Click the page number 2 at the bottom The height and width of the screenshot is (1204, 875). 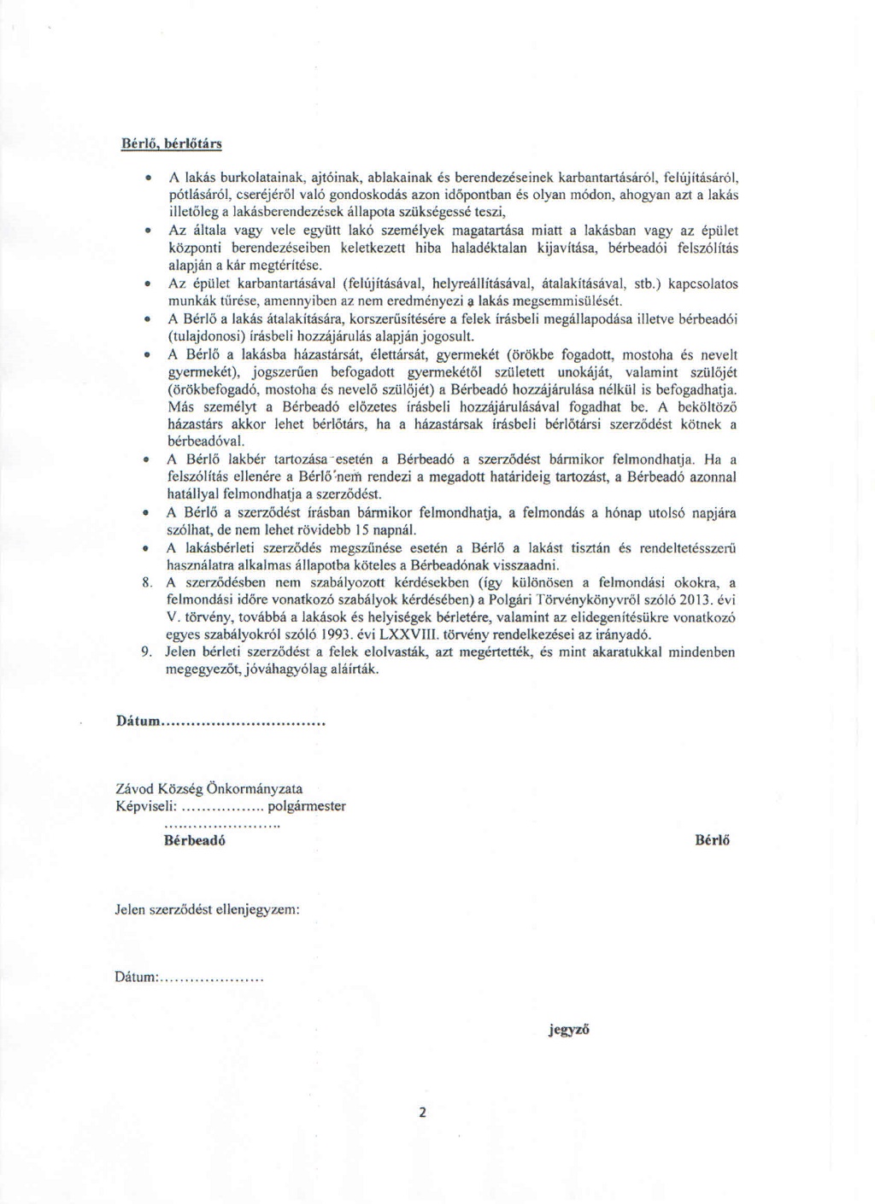pyautogui.click(x=422, y=1113)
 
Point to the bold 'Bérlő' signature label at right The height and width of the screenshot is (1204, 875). pyautogui.click(x=713, y=840)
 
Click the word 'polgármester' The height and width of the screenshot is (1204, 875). pyautogui.click(x=307, y=806)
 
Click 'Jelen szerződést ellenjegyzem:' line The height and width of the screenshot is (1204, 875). pyautogui.click(x=207, y=909)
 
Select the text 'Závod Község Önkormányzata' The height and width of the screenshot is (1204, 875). pyautogui.click(x=208, y=789)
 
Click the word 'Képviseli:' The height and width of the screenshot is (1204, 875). pyautogui.click(x=146, y=806)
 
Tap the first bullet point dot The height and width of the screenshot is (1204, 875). pyautogui.click(x=149, y=178)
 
